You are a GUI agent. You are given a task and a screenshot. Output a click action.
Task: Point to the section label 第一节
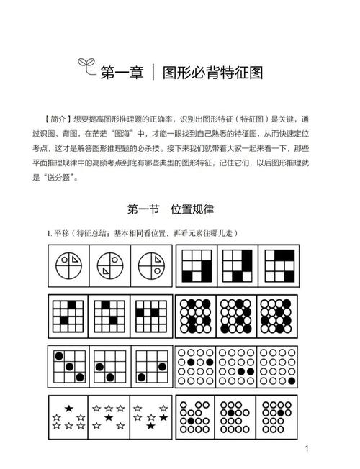(x=143, y=209)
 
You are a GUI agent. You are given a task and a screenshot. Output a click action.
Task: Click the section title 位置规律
(x=192, y=209)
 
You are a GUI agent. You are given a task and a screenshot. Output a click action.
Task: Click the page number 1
(x=307, y=449)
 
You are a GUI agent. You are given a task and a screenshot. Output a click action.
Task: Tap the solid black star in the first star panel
(x=68, y=409)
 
